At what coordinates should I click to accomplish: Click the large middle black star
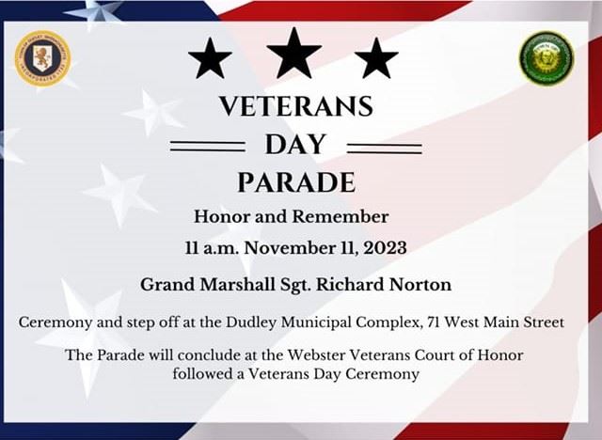pyautogui.click(x=294, y=53)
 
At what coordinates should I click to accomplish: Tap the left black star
pyautogui.click(x=210, y=59)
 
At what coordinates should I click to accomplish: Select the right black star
pyautogui.click(x=376, y=59)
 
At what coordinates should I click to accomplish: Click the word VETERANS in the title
pyautogui.click(x=295, y=106)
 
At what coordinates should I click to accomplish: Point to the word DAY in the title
pyautogui.click(x=295, y=145)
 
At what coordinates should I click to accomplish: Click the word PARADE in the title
pyautogui.click(x=295, y=181)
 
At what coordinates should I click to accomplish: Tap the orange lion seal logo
pyautogui.click(x=42, y=58)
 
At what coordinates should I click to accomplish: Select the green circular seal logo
pyautogui.click(x=547, y=58)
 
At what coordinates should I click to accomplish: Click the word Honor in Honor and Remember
pyautogui.click(x=222, y=216)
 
